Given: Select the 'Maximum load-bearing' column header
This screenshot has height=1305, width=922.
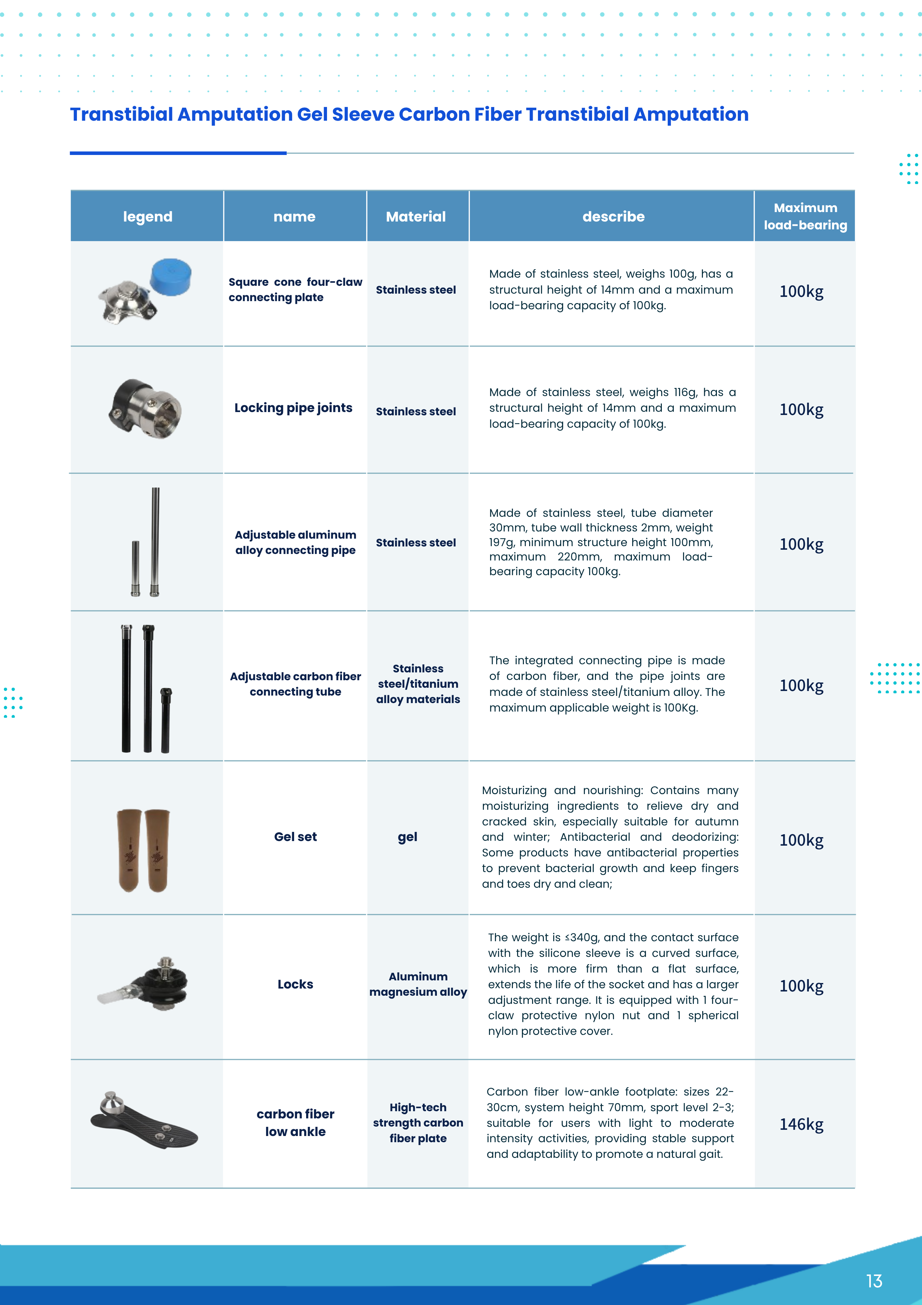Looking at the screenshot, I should tap(805, 217).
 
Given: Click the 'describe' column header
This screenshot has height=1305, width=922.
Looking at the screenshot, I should tap(613, 217).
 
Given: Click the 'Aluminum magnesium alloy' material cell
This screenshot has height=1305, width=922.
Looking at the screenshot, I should tap(418, 984).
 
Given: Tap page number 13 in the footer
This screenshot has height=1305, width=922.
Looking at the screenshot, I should tap(874, 1281).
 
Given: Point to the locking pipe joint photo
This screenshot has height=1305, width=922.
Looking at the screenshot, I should tap(146, 408).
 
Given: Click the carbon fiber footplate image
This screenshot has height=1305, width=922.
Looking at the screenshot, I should tap(144, 1121).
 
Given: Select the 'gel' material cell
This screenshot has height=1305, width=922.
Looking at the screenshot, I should tap(407, 836).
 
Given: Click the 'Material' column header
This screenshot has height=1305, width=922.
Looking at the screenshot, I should tap(416, 217).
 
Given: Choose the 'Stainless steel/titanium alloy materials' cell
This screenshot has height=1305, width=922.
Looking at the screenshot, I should tap(418, 684).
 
